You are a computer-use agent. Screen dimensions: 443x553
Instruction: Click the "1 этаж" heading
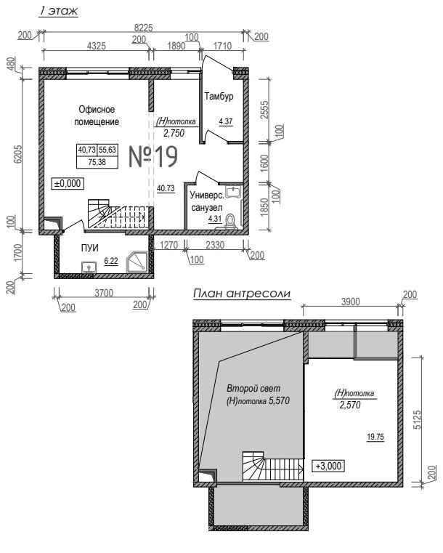tap(58, 11)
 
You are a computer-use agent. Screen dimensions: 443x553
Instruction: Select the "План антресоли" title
tap(242, 294)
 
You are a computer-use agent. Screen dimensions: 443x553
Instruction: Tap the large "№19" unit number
tap(153, 156)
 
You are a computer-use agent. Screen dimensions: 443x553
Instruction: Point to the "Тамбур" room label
tap(219, 96)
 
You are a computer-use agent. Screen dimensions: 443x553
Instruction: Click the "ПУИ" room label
tap(90, 248)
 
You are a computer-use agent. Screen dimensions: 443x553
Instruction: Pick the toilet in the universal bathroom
tap(230, 221)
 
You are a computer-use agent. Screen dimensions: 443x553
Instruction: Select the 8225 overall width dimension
tap(144, 28)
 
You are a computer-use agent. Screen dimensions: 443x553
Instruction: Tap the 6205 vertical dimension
tap(17, 154)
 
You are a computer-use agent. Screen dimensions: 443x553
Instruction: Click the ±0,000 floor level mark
tap(68, 183)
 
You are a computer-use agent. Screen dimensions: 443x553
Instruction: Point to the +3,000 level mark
tap(328, 466)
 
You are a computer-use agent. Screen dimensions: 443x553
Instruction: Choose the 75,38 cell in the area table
tap(97, 162)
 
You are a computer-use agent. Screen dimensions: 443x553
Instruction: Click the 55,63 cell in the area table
tap(107, 150)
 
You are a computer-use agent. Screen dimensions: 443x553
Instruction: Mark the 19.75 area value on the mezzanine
tap(375, 437)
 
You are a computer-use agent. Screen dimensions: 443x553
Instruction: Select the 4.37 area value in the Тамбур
tap(226, 121)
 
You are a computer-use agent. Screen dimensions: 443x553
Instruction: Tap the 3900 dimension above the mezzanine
tap(351, 302)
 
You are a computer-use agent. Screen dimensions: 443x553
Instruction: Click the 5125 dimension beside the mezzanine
tap(417, 419)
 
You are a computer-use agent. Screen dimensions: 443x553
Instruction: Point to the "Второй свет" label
tap(253, 388)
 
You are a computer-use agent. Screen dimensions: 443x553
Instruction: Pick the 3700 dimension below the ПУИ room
tap(104, 293)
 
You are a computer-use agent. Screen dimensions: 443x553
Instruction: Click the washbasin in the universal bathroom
tap(233, 192)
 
